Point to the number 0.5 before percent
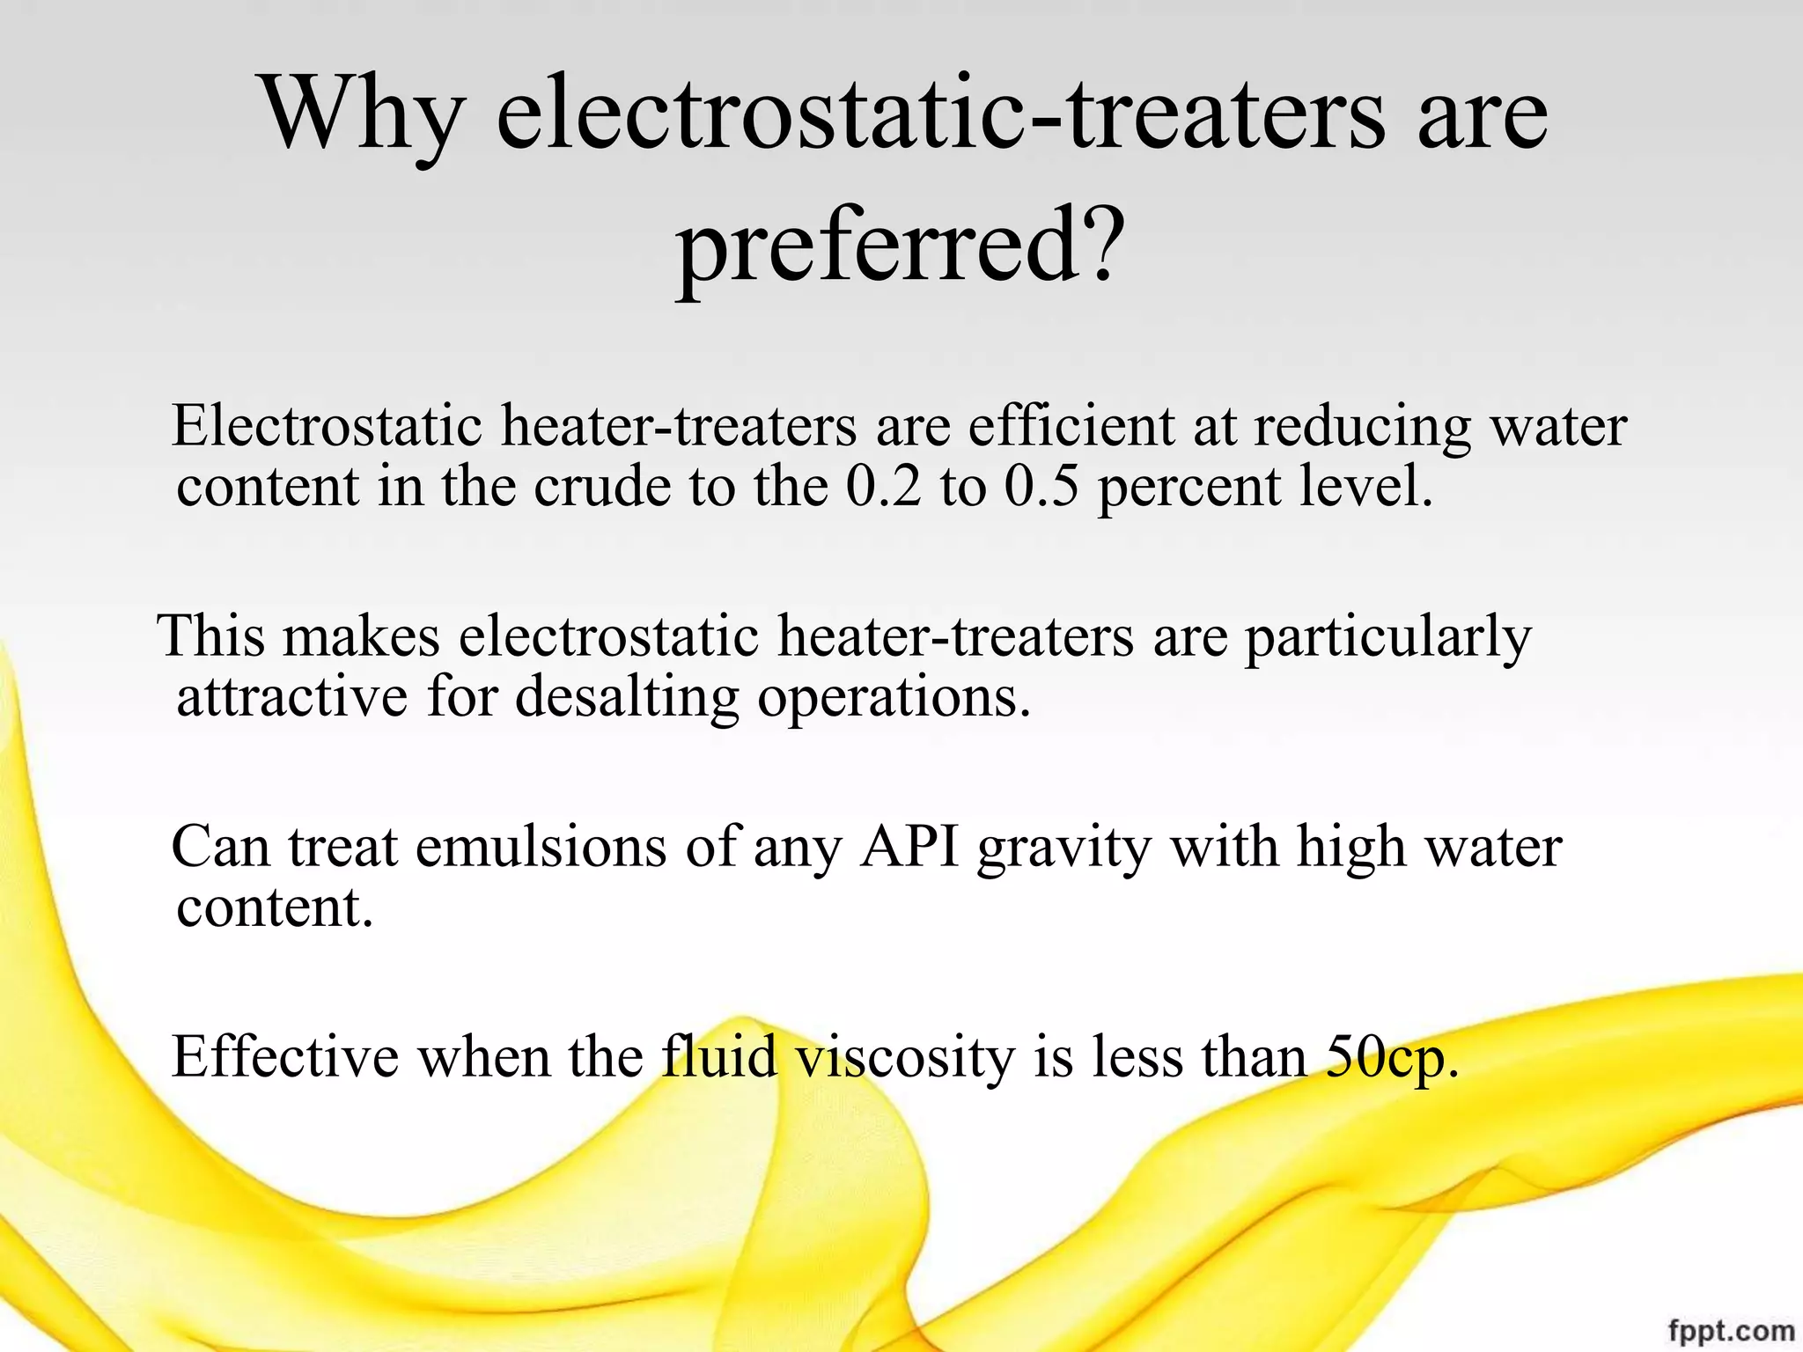(x=1041, y=487)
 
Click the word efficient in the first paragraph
(x=1071, y=427)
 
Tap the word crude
(x=602, y=487)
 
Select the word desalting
(x=627, y=697)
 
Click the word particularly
(x=1387, y=637)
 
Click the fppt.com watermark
(x=1731, y=1330)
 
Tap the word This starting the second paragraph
(x=211, y=636)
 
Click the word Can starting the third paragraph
(x=220, y=848)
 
